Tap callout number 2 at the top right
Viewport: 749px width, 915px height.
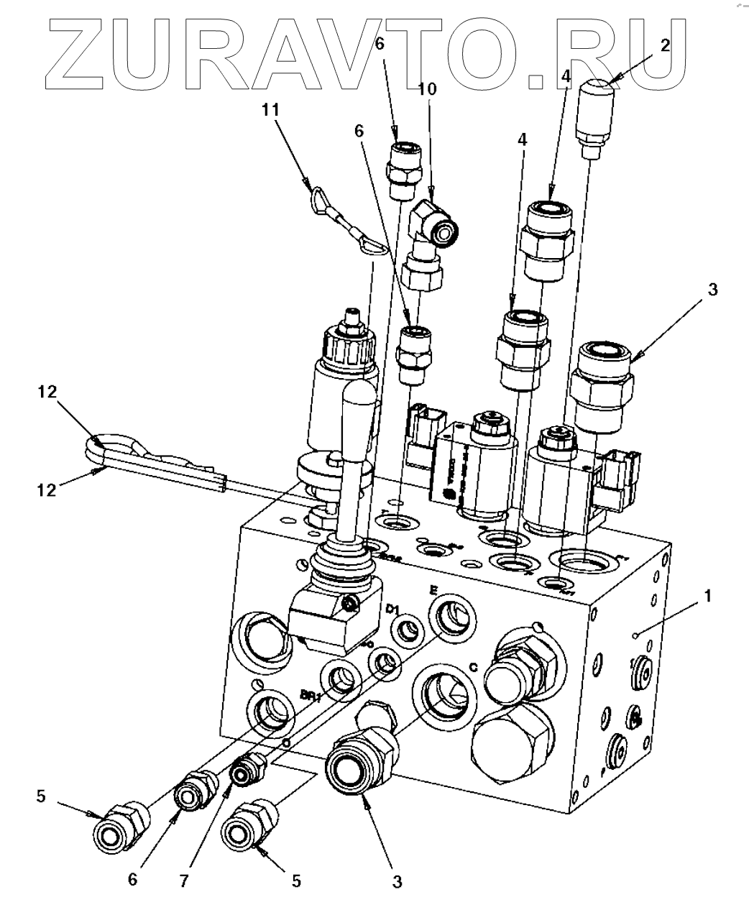click(x=665, y=45)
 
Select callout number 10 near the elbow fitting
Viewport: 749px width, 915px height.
click(x=427, y=89)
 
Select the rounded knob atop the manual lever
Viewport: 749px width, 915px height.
click(x=358, y=407)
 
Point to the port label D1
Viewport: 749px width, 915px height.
click(x=392, y=609)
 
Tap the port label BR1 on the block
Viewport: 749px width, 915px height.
click(x=309, y=696)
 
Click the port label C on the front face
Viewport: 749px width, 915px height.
click(x=474, y=666)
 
